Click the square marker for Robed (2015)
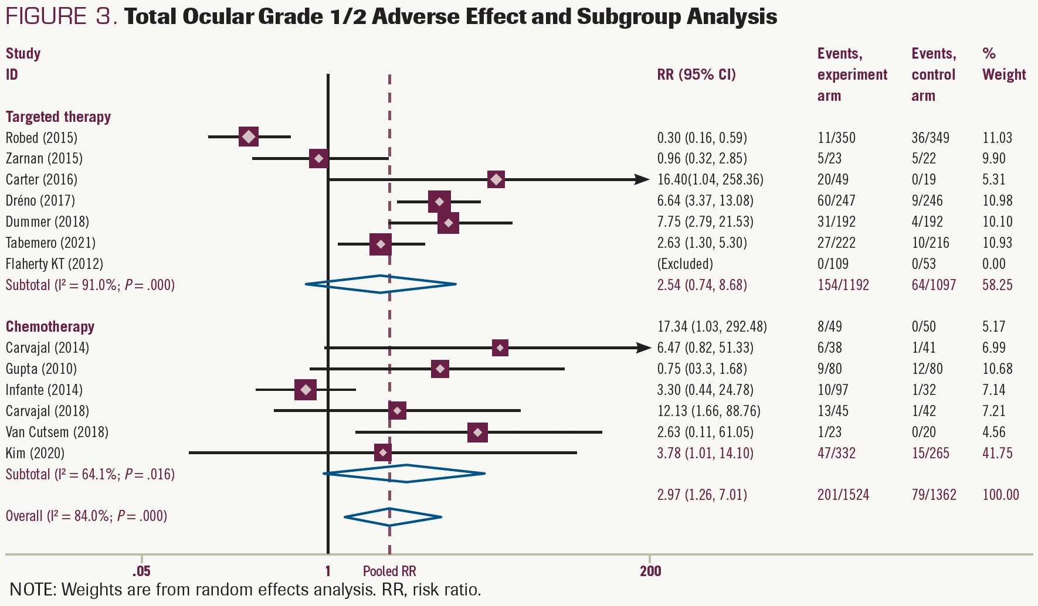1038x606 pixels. click(249, 137)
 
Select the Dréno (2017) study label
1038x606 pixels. click(40, 200)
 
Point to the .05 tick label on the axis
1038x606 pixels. click(141, 571)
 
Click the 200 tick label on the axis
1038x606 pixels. click(650, 571)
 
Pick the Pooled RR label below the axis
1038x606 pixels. click(389, 571)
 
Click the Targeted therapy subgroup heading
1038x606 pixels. click(58, 117)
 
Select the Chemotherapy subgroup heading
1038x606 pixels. click(50, 326)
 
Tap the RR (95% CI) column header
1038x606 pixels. click(696, 74)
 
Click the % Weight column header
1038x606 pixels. click(1003, 64)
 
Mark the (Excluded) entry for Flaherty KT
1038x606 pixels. click(685, 264)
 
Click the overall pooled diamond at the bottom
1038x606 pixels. click(392, 517)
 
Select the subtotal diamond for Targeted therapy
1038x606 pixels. click(381, 284)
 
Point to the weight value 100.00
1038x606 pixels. click(1000, 495)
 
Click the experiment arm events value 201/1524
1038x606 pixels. click(843, 495)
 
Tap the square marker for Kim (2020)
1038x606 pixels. click(383, 452)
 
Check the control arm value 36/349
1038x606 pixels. click(930, 138)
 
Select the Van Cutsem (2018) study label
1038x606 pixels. click(57, 432)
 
